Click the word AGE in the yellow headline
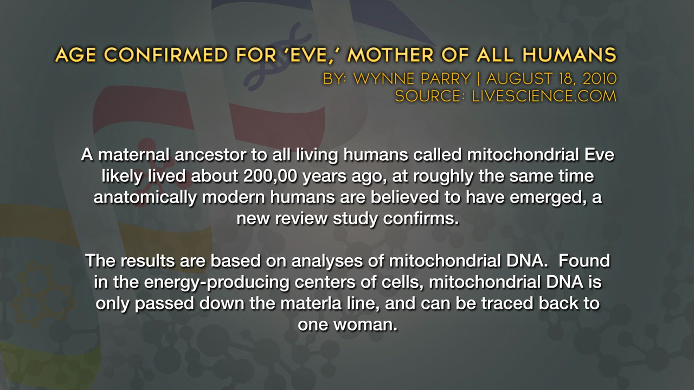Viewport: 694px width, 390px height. pos(75,55)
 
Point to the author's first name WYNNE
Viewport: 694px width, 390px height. pos(412,79)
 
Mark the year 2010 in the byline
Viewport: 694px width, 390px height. pos(600,79)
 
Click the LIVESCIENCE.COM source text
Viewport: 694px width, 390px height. pos(544,96)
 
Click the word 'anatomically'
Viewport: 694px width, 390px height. pos(145,198)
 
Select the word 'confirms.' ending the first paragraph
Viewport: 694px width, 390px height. pos(421,218)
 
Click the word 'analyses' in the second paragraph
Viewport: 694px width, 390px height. pos(327,261)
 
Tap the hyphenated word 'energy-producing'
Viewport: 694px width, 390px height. pos(216,282)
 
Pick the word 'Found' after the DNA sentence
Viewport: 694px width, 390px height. pos(584,261)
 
